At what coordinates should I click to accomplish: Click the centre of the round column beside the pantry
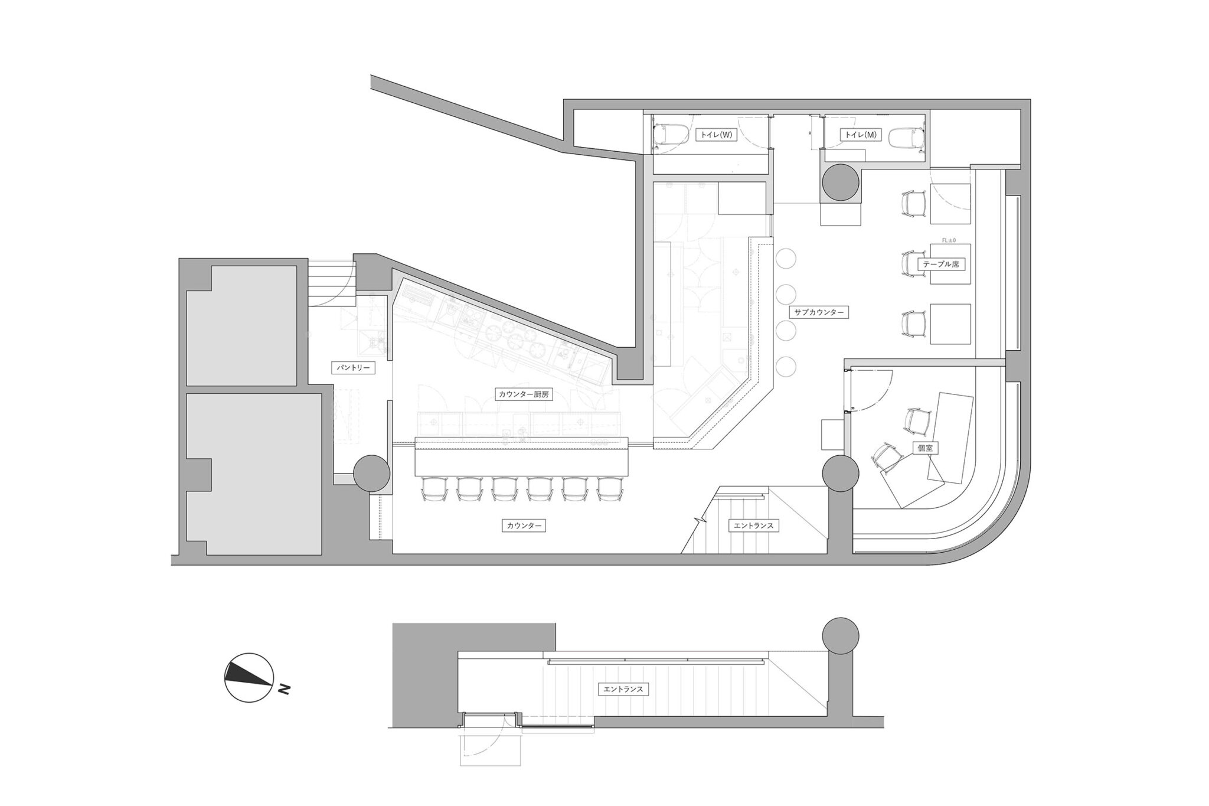click(x=371, y=472)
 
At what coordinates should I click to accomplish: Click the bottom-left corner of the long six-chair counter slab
click(x=416, y=475)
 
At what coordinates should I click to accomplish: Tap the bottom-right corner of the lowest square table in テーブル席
click(x=971, y=344)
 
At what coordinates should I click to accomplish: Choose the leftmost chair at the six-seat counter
click(x=435, y=489)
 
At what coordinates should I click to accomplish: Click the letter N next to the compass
click(x=285, y=688)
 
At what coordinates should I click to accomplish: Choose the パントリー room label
click(x=353, y=367)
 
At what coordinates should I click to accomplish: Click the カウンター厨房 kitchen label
click(x=525, y=394)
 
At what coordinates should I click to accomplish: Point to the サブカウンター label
click(x=819, y=312)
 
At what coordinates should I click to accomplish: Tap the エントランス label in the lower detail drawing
click(x=623, y=689)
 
